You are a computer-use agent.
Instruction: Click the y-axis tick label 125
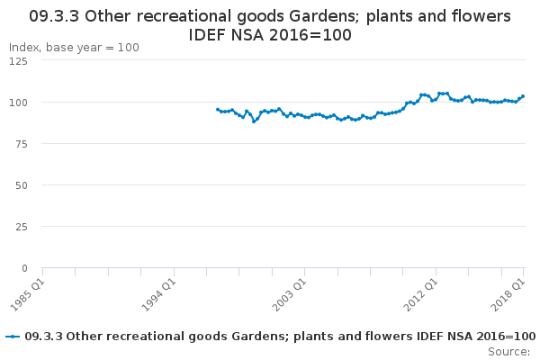18,61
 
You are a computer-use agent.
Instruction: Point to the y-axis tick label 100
18,103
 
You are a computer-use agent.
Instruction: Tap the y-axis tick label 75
22,144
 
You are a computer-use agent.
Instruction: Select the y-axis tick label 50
22,185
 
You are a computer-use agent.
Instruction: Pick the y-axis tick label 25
22,227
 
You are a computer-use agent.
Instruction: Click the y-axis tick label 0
24,268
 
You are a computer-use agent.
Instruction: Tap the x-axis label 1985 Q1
28,295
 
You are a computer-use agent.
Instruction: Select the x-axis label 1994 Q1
158,295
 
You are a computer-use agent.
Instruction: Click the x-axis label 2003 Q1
289,295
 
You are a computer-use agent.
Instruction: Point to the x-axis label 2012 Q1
420,295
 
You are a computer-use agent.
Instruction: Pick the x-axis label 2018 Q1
508,295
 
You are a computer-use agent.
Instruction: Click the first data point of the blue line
218,110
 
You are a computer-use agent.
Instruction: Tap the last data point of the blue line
523,96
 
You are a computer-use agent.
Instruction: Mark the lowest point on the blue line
254,121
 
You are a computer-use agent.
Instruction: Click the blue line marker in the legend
13,337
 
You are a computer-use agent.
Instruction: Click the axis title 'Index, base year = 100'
74,48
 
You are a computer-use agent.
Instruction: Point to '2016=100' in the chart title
310,35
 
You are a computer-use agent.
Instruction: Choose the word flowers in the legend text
391,337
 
